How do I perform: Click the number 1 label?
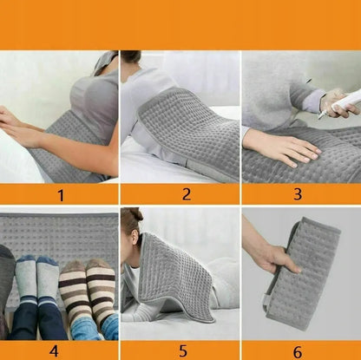tap(61, 195)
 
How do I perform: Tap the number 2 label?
tap(187, 194)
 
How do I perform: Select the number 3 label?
tap(298, 194)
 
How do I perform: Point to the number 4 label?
tap(54, 351)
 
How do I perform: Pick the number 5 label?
tap(183, 351)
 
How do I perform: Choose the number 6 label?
tap(298, 352)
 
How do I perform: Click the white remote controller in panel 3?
tap(342, 103)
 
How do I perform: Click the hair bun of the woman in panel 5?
tap(135, 214)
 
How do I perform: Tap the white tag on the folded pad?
tap(266, 300)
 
